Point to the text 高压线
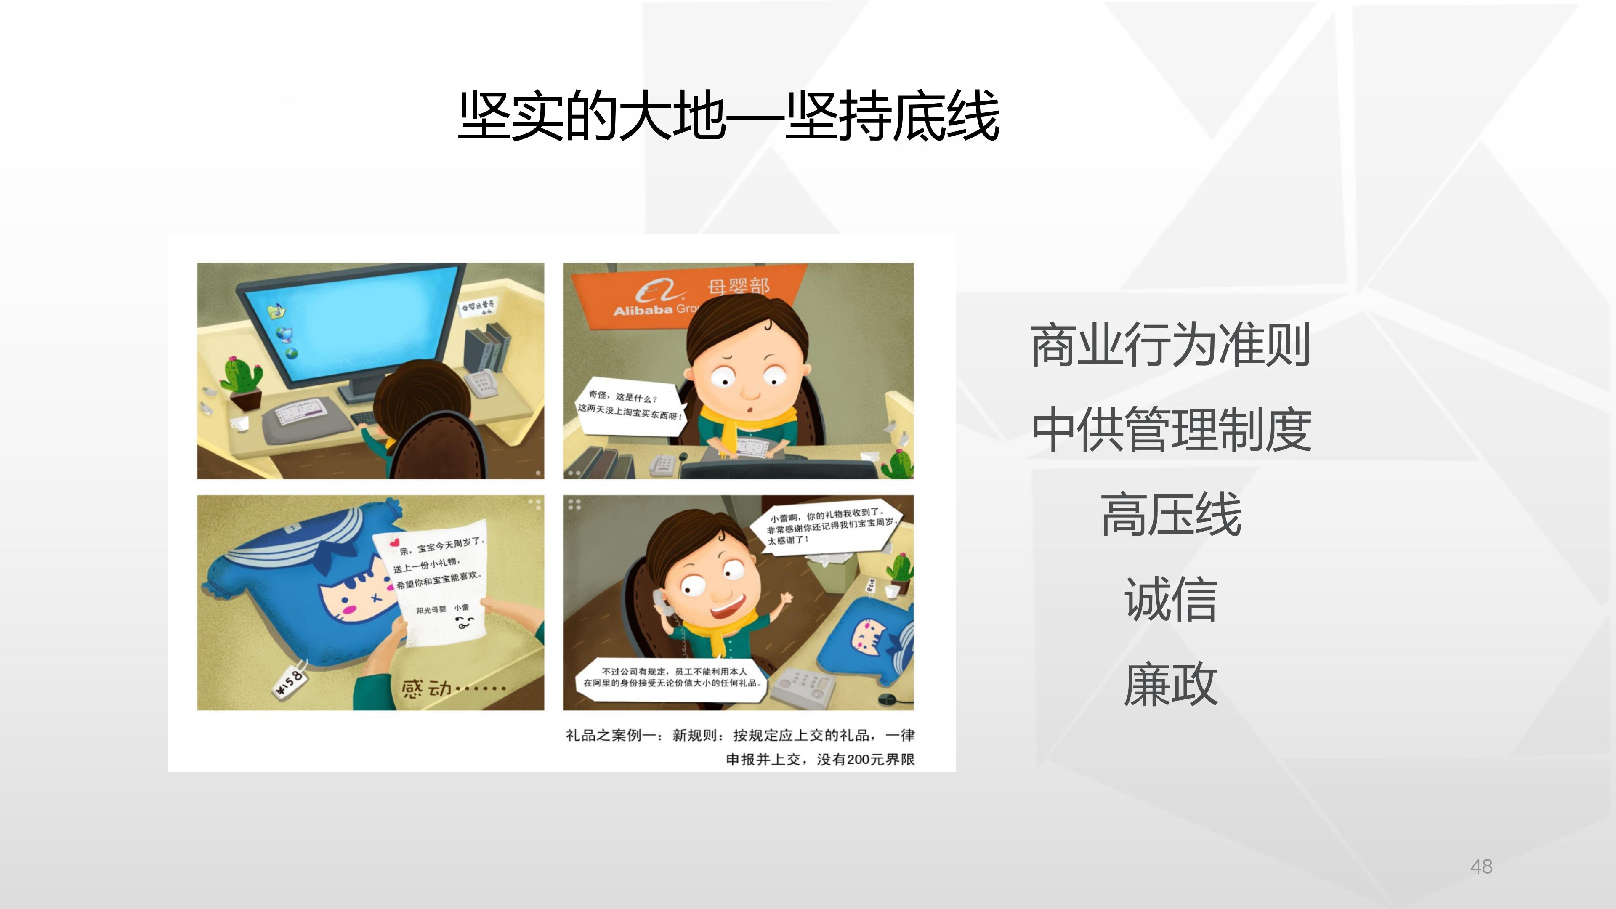point(1171,514)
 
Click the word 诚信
point(1171,600)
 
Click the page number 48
point(1481,866)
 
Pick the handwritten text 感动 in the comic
point(427,689)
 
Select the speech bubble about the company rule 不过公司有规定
point(672,677)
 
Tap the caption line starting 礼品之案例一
point(740,735)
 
